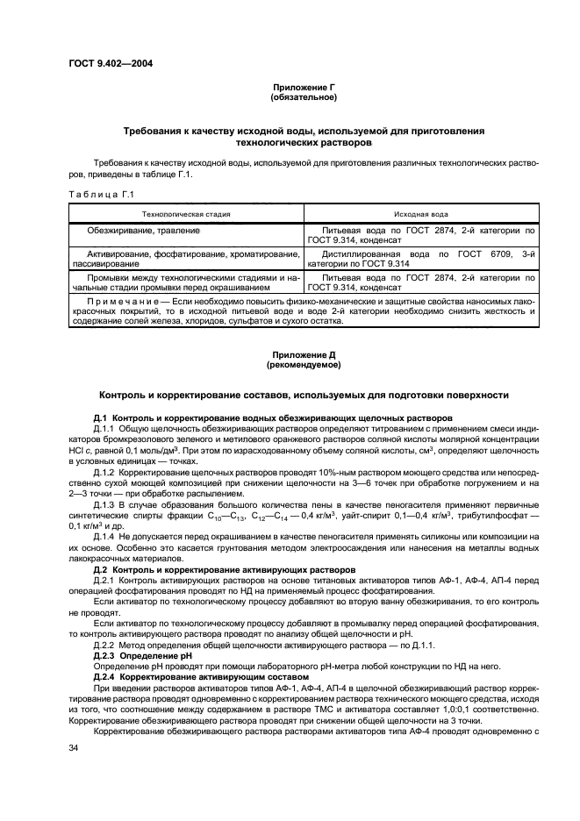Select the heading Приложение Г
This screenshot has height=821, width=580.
pyautogui.click(x=304, y=89)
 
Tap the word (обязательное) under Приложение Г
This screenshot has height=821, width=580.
pyautogui.click(x=304, y=97)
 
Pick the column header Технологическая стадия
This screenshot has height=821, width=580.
pyautogui.click(x=186, y=213)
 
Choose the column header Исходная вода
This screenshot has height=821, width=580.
pyautogui.click(x=421, y=213)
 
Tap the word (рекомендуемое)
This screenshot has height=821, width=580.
pyautogui.click(x=304, y=365)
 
